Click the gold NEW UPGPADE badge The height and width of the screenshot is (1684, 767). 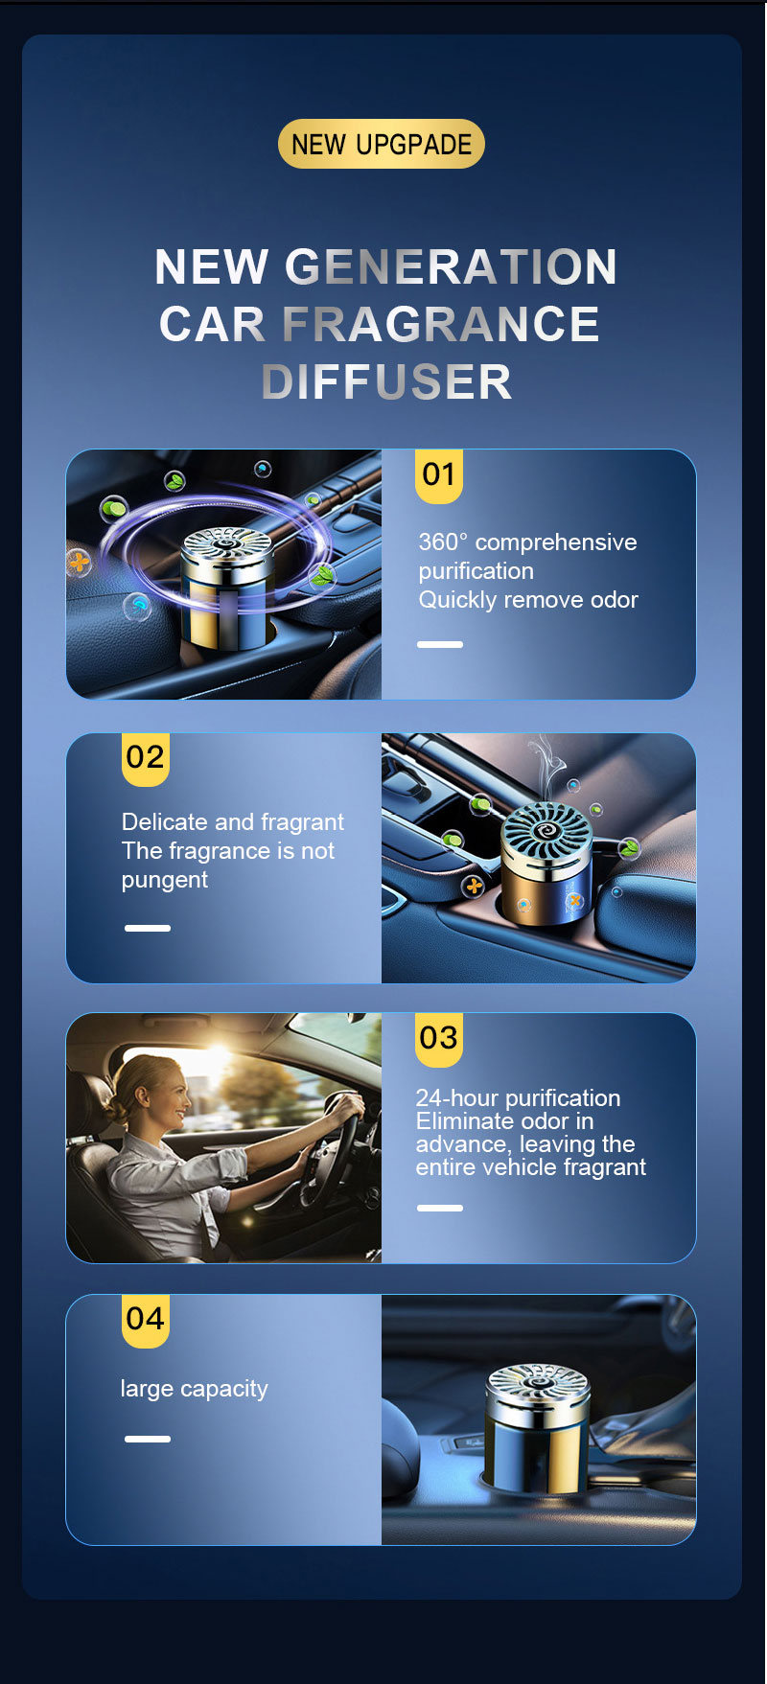[382, 144]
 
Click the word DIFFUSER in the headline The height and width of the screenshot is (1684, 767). [386, 381]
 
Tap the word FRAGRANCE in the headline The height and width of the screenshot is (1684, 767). [440, 324]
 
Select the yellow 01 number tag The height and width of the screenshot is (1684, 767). [439, 475]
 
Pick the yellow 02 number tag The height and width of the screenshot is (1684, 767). [146, 758]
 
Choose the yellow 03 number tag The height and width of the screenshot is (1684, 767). [439, 1039]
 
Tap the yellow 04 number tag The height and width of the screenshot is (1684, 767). [146, 1320]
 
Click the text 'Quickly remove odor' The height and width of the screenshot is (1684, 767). [528, 600]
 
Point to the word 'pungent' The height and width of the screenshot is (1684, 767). [165, 881]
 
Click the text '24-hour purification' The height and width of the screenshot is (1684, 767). [518, 1097]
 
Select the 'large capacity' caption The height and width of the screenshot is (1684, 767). [195, 1389]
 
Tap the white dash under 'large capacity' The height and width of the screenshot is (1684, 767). [148, 1439]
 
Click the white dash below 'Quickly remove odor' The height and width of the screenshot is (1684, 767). [440, 644]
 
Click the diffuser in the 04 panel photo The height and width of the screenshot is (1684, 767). [537, 1428]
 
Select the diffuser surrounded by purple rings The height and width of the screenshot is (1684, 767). [227, 586]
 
